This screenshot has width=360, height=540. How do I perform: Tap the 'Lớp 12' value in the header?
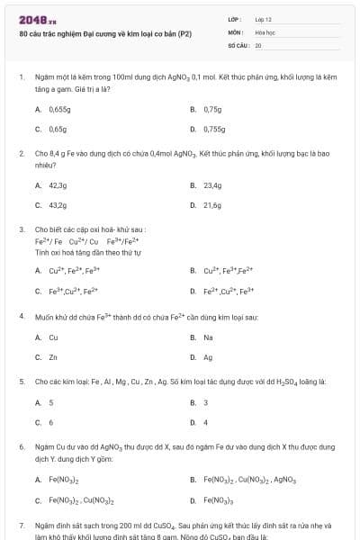point(264,19)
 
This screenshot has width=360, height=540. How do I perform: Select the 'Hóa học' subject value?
point(265,31)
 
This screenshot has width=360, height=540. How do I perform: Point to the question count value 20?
point(258,44)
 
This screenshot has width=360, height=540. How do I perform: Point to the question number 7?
point(22,524)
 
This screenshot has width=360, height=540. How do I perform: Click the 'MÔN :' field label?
point(236,31)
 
